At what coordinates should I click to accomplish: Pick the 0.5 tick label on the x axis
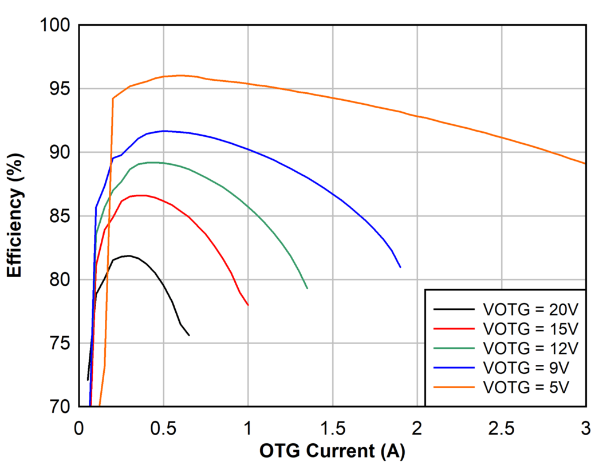[163, 427]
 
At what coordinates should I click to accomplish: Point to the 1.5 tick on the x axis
[333, 427]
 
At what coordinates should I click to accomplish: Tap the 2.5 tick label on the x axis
[502, 427]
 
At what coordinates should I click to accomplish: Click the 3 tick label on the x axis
[586, 427]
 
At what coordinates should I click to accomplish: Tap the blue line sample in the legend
[454, 367]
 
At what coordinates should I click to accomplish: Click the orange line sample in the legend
[454, 387]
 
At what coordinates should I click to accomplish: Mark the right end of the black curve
[189, 335]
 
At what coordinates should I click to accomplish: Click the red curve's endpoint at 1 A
[248, 305]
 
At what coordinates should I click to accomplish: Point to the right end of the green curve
[308, 288]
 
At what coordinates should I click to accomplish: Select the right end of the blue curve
[400, 267]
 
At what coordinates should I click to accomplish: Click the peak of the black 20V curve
[129, 256]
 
